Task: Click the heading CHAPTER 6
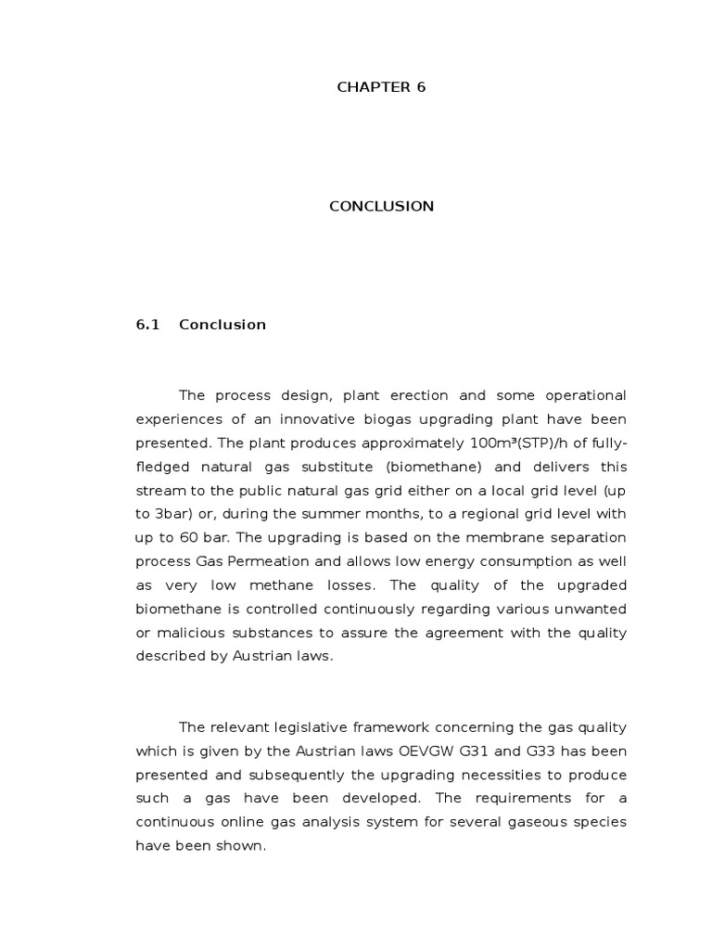pyautogui.click(x=381, y=87)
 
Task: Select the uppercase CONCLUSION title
pyautogui.click(x=381, y=206)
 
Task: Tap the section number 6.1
pyautogui.click(x=148, y=325)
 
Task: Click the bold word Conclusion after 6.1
pyautogui.click(x=222, y=325)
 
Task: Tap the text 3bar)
pyautogui.click(x=159, y=514)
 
